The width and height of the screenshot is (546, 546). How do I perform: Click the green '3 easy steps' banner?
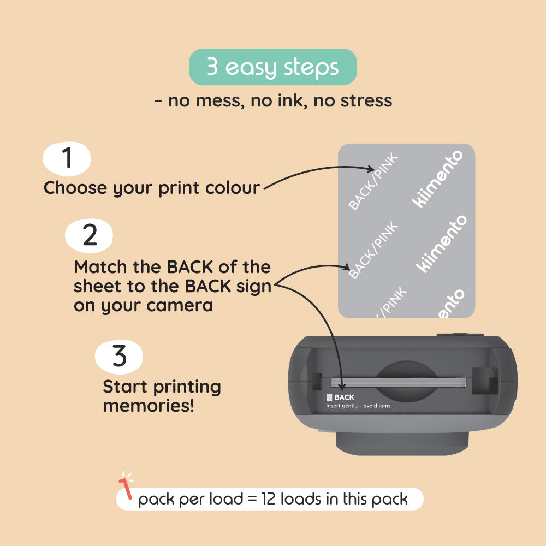pyautogui.click(x=273, y=67)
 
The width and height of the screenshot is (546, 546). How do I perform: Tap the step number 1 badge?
pyautogui.click(x=67, y=158)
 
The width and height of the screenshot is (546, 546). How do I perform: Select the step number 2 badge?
pyautogui.click(x=89, y=235)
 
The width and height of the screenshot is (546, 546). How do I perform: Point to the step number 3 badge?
pyautogui.click(x=119, y=357)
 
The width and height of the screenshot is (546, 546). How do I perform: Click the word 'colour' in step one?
pyautogui.click(x=233, y=188)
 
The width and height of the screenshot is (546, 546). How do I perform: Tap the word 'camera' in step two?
pyautogui.click(x=179, y=305)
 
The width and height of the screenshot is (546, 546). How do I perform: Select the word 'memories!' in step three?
pyautogui.click(x=149, y=406)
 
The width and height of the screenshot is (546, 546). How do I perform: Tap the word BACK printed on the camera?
pyautogui.click(x=345, y=397)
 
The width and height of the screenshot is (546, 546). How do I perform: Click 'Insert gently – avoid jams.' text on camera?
pyautogui.click(x=359, y=406)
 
